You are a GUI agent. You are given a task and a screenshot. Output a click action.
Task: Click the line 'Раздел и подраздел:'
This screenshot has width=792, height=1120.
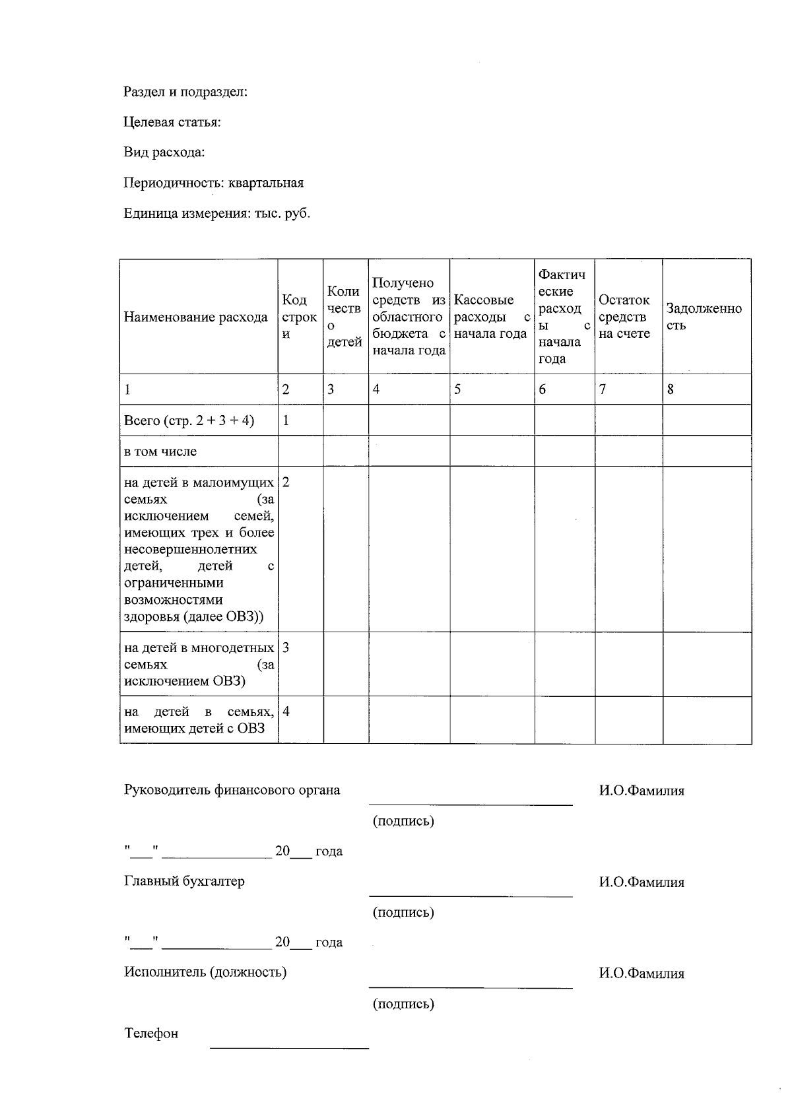pyautogui.click(x=185, y=92)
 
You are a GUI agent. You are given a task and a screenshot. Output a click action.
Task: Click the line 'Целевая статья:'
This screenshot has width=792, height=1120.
pyautogui.click(x=172, y=122)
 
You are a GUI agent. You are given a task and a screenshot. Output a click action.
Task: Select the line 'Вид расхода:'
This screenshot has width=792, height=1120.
pyautogui.click(x=164, y=152)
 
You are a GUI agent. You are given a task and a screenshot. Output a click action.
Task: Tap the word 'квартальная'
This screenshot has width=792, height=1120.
pyautogui.click(x=266, y=183)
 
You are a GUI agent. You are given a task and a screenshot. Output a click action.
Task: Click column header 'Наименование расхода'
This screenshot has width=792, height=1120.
pyautogui.click(x=195, y=317)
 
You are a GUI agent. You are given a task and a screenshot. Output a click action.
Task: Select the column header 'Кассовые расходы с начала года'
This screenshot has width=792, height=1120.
pyautogui.click(x=492, y=317)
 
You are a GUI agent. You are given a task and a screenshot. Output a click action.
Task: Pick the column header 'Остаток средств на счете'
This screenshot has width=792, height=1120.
pyautogui.click(x=624, y=317)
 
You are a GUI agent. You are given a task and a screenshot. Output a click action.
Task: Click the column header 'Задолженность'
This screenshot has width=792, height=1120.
pyautogui.click(x=704, y=317)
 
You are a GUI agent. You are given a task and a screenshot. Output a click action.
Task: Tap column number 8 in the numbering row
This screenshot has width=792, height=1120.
pyautogui.click(x=671, y=389)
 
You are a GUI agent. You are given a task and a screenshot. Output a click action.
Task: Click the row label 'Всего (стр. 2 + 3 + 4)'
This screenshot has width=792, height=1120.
pyautogui.click(x=189, y=420)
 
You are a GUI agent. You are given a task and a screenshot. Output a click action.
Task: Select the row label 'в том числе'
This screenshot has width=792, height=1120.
pyautogui.click(x=160, y=452)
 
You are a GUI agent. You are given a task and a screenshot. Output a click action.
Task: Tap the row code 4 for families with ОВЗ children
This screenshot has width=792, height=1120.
pyautogui.click(x=286, y=711)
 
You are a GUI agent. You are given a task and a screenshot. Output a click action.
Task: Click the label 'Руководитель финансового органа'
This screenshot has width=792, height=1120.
pyautogui.click(x=232, y=790)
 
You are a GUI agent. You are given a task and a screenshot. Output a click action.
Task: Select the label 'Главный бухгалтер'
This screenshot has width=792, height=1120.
pyautogui.click(x=184, y=882)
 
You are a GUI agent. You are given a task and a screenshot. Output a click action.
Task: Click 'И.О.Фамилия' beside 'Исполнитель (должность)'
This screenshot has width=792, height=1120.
pyautogui.click(x=642, y=973)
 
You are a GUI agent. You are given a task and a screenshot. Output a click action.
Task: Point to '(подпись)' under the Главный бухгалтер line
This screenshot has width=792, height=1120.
pyautogui.click(x=403, y=913)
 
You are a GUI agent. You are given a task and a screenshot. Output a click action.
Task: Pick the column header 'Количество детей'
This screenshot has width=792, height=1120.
pyautogui.click(x=345, y=317)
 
